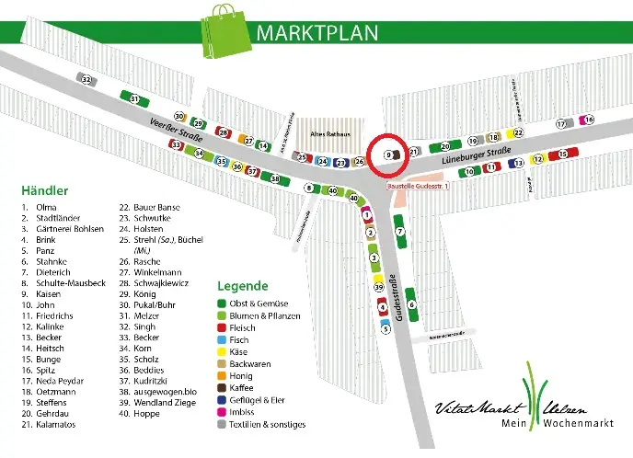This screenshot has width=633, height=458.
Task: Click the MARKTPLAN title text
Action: coord(317,33)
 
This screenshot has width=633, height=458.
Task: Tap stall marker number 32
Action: coord(86,80)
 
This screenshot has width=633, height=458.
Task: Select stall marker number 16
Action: coord(589,120)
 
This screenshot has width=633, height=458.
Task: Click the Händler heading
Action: coord(44,190)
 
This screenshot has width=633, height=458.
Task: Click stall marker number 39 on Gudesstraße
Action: coord(377,288)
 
